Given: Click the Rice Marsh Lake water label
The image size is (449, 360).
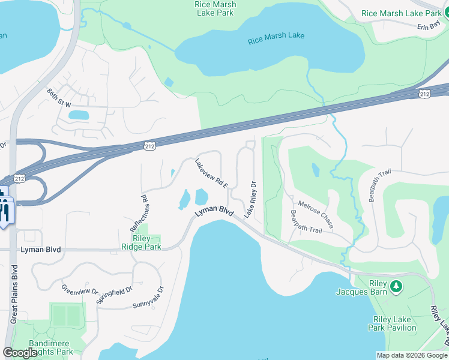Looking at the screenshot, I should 276,35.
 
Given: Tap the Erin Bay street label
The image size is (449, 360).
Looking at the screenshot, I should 429,26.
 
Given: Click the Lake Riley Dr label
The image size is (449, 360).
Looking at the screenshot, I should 250,199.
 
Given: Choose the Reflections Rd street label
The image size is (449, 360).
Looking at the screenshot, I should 139,214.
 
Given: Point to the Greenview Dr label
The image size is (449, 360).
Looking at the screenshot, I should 79,290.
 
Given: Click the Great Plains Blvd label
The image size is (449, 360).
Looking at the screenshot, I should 13,294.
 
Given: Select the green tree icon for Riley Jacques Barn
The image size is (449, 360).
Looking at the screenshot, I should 396,287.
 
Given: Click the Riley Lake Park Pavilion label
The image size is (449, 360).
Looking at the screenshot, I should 394,323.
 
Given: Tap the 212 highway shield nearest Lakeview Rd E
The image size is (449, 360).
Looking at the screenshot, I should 150,146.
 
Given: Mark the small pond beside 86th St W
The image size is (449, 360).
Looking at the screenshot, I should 77,115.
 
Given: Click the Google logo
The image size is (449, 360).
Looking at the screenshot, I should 20,353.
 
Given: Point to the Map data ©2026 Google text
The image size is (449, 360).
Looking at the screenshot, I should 412,355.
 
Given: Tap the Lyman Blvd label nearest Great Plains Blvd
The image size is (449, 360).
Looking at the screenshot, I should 41,250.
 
